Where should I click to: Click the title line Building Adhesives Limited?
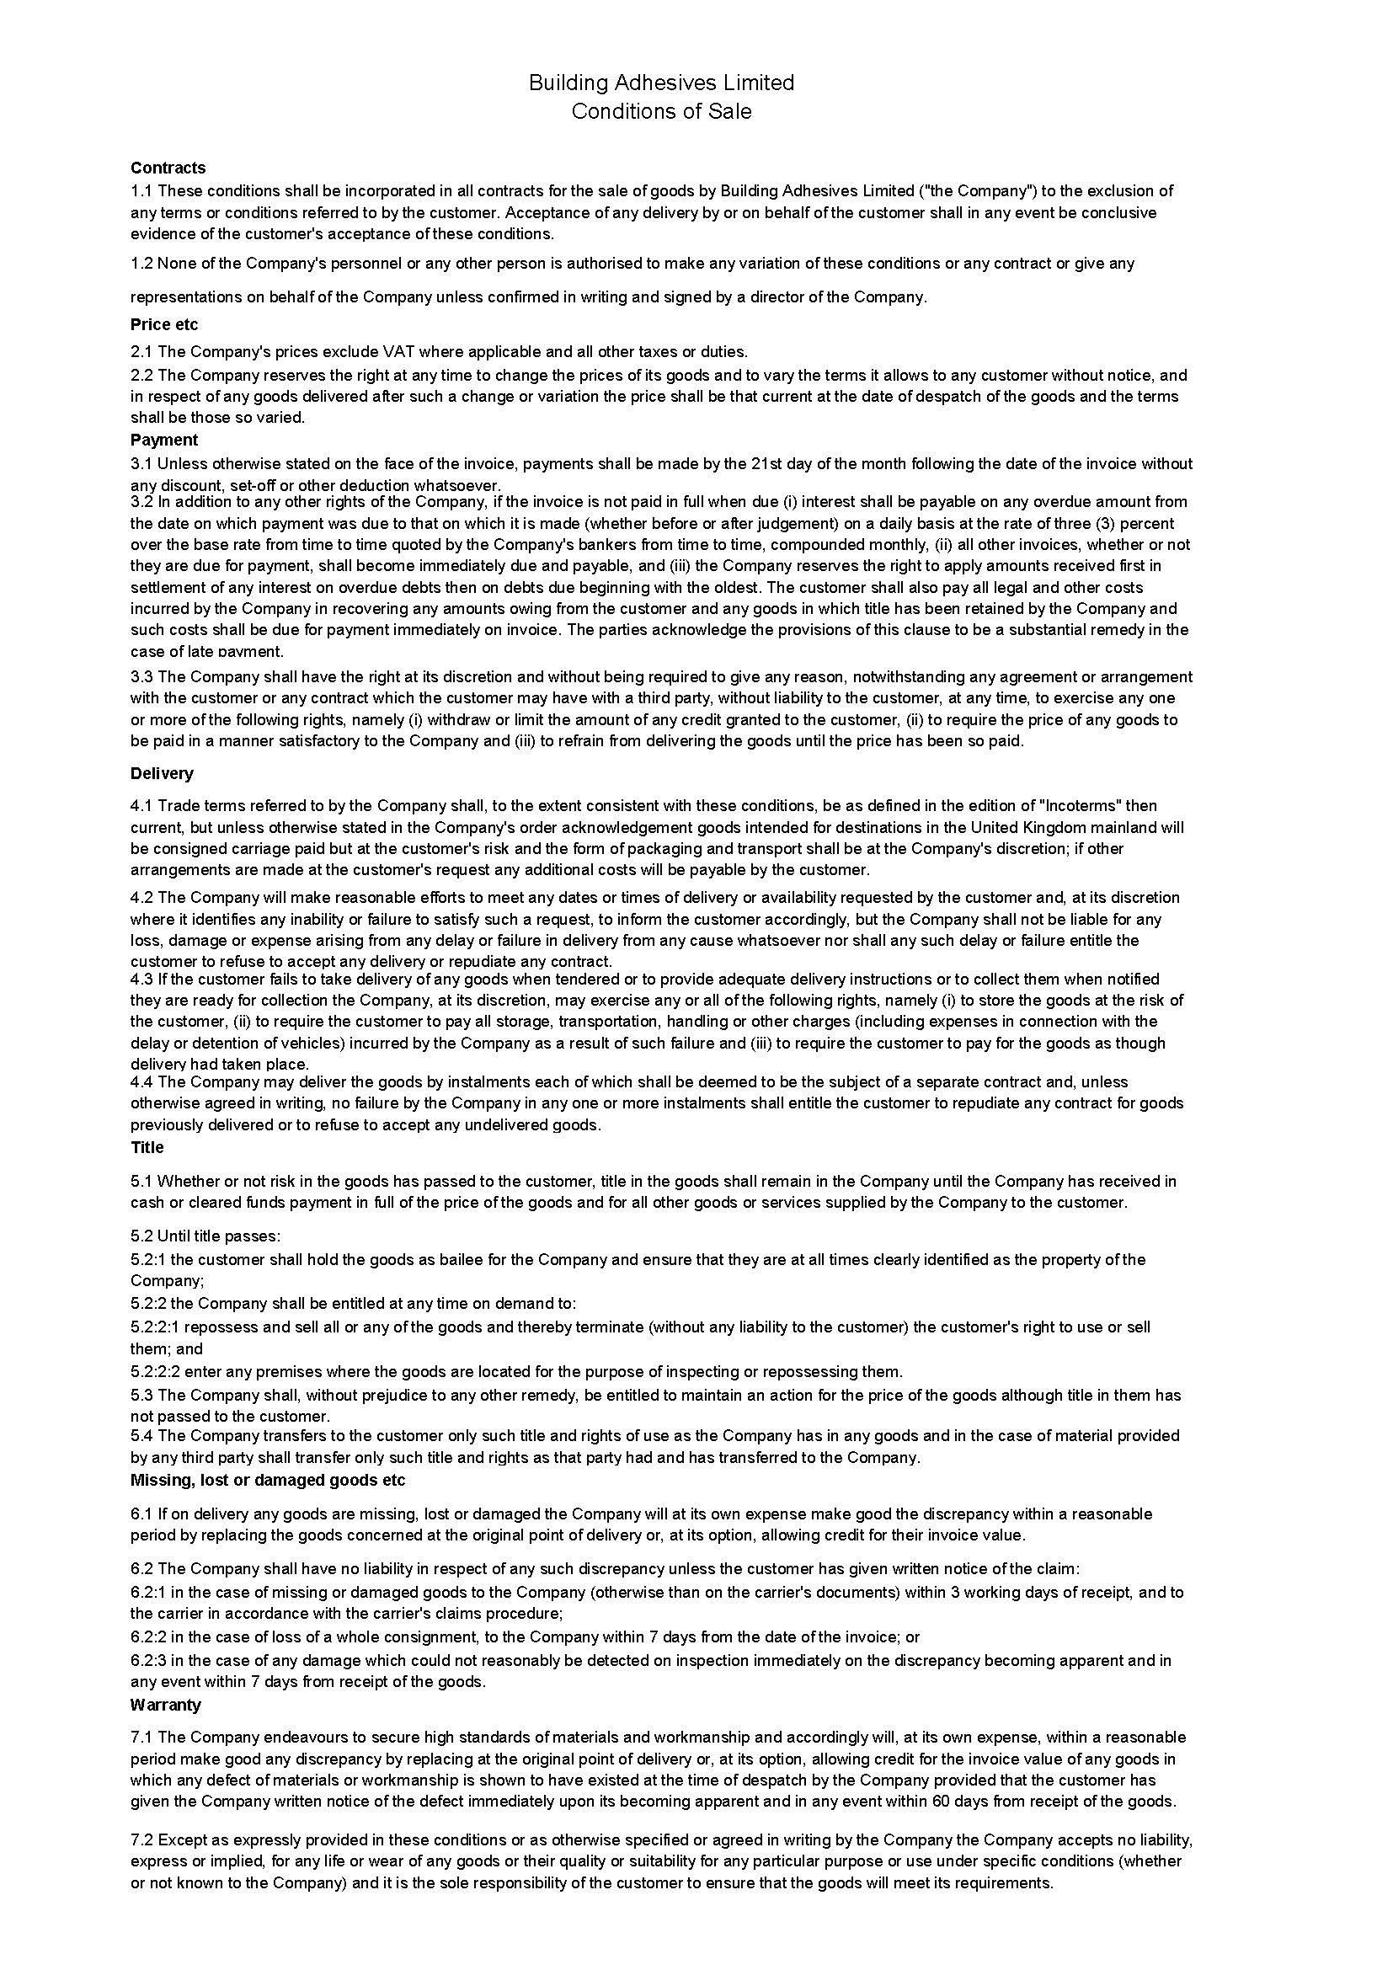661,83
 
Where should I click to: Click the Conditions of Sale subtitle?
661,111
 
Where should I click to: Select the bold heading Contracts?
168,168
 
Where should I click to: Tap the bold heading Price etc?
165,324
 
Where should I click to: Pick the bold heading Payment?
164,440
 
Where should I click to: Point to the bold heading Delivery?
162,773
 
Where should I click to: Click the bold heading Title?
147,1147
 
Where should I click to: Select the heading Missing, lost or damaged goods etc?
268,1480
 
